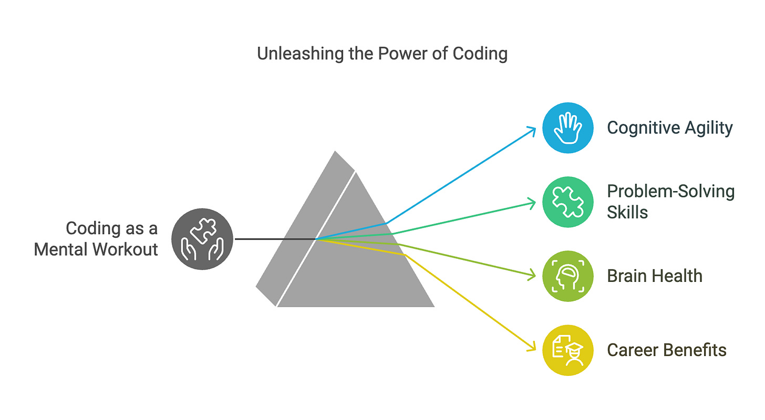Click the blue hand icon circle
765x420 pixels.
pos(568,128)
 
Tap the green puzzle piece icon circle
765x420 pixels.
pos(568,202)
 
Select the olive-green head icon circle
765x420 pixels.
pos(568,276)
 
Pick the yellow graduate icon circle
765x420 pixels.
pos(568,350)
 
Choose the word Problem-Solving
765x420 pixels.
pos(671,192)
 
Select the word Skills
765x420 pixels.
pos(627,212)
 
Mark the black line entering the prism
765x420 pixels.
pos(273,239)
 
